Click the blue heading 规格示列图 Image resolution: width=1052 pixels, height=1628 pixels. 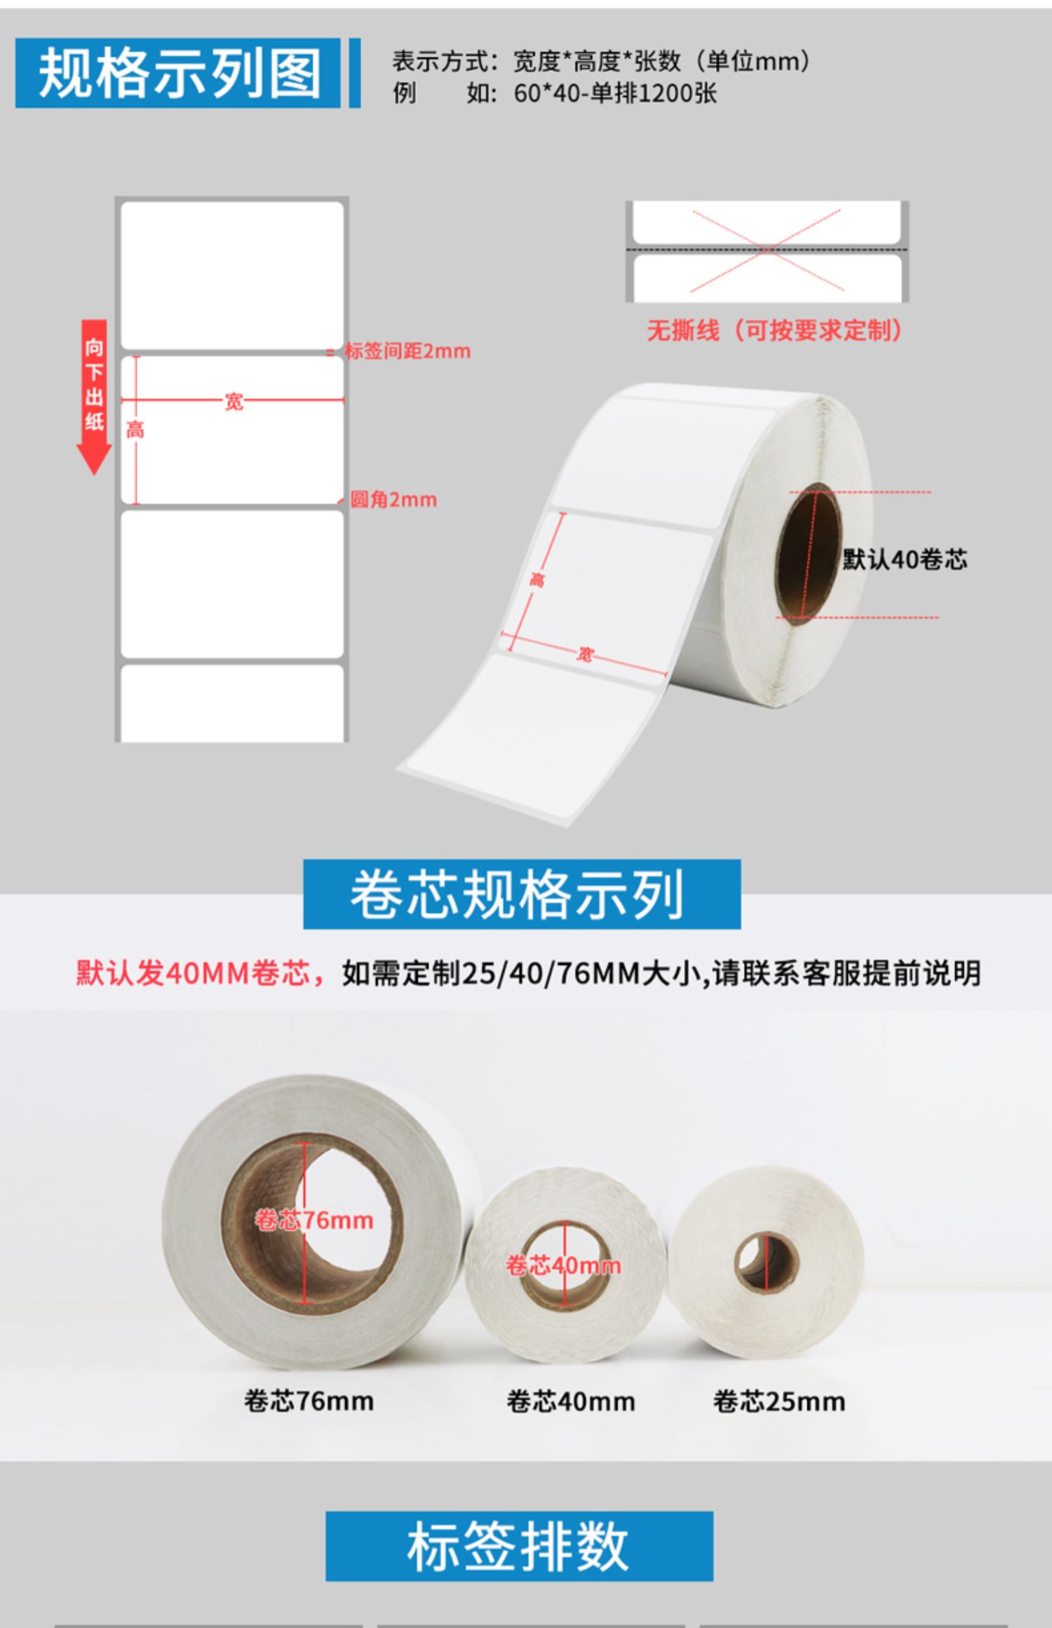[x=178, y=73]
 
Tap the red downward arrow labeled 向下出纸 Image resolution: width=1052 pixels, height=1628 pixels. [x=94, y=397]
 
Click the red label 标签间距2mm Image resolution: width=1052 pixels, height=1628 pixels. [x=407, y=351]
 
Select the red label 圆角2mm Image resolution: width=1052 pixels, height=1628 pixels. [x=393, y=500]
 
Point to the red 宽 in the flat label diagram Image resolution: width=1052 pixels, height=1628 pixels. [x=234, y=402]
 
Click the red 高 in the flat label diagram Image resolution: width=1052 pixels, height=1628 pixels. [x=135, y=430]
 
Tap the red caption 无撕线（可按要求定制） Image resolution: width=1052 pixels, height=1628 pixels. [x=774, y=330]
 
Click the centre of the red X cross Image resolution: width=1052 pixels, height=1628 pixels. [x=767, y=250]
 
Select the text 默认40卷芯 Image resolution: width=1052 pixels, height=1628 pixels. [x=905, y=559]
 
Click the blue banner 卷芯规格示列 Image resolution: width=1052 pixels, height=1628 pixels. [x=522, y=894]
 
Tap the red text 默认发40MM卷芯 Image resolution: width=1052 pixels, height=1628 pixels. [x=193, y=973]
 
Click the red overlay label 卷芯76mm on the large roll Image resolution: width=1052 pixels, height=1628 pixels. [x=314, y=1220]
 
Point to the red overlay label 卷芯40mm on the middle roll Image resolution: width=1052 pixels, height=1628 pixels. [x=563, y=1266]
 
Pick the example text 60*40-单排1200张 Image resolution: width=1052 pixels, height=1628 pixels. [x=615, y=93]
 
